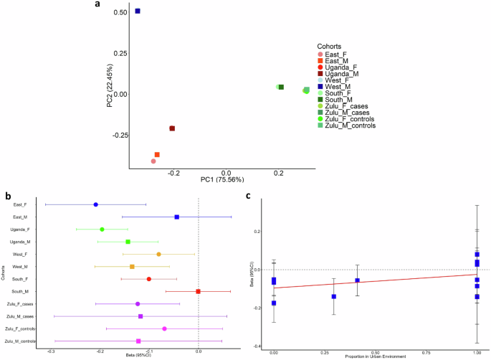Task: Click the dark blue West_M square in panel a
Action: [x=138, y=11]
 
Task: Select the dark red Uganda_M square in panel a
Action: [x=172, y=128]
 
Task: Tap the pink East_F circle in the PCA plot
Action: [x=153, y=161]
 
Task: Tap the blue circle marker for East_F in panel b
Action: [x=95, y=204]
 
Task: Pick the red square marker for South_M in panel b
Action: [x=198, y=291]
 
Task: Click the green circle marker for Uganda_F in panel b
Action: [x=102, y=229]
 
